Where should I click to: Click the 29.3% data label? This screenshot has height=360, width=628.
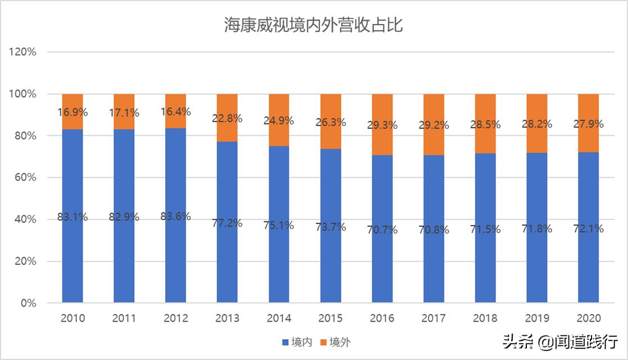(383, 125)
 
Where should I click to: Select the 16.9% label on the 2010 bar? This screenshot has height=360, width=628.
(72, 112)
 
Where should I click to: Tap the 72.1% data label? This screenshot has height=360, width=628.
(589, 229)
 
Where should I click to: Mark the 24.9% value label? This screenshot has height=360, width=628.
(279, 120)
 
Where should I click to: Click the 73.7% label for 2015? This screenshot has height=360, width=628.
(331, 227)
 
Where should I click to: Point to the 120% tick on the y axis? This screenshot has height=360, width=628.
(23, 52)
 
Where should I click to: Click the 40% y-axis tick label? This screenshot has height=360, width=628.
(25, 220)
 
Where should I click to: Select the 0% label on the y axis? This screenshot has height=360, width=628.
(28, 303)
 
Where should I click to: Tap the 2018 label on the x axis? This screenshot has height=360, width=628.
(485, 318)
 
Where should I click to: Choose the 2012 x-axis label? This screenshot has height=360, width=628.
(176, 318)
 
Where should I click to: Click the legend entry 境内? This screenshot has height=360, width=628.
(296, 342)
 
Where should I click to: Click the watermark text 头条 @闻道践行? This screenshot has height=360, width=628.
(560, 341)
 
